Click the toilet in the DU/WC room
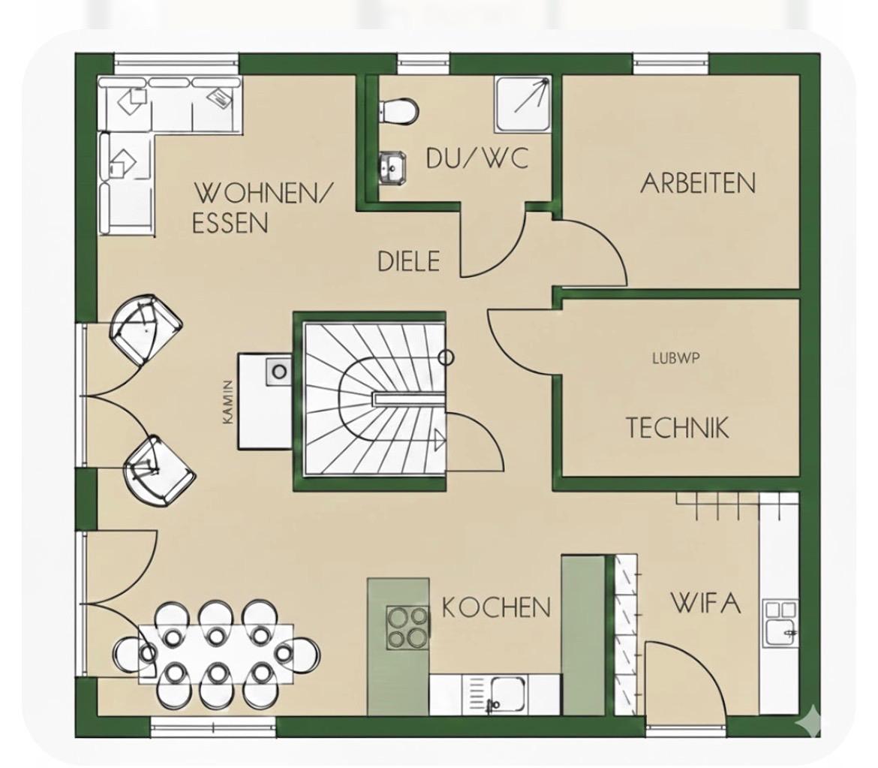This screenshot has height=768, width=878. click(398, 110)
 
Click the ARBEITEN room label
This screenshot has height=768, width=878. click(698, 183)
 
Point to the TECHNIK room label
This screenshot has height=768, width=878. click(677, 427)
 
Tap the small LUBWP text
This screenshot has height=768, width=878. click(676, 358)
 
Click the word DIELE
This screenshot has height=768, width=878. click(409, 261)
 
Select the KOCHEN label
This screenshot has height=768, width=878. click(496, 607)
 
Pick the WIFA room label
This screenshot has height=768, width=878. click(705, 603)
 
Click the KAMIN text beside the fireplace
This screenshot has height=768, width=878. click(227, 402)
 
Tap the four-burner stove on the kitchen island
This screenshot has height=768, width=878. click(407, 628)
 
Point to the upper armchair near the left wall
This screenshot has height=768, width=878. click(146, 330)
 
